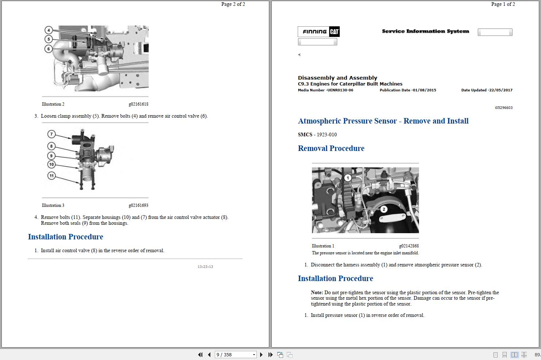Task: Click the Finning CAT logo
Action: (319, 32)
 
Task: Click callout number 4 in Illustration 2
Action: (49, 30)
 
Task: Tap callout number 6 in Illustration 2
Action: (49, 49)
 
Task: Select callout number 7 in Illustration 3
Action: (52, 134)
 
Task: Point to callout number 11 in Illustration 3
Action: (52, 176)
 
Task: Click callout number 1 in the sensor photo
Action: (348, 178)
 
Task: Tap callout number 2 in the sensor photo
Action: (384, 209)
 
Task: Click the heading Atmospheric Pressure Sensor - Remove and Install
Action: (383, 121)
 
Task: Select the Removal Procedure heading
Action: (331, 148)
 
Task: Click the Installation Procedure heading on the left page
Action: (65, 237)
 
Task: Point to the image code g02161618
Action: (138, 104)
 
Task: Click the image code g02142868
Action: (409, 246)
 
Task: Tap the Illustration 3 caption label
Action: (53, 205)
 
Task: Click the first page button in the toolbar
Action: (200, 355)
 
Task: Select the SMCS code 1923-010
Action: (327, 134)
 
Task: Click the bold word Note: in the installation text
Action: (317, 292)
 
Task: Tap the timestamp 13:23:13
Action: (205, 267)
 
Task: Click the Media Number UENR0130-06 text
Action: (325, 90)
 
